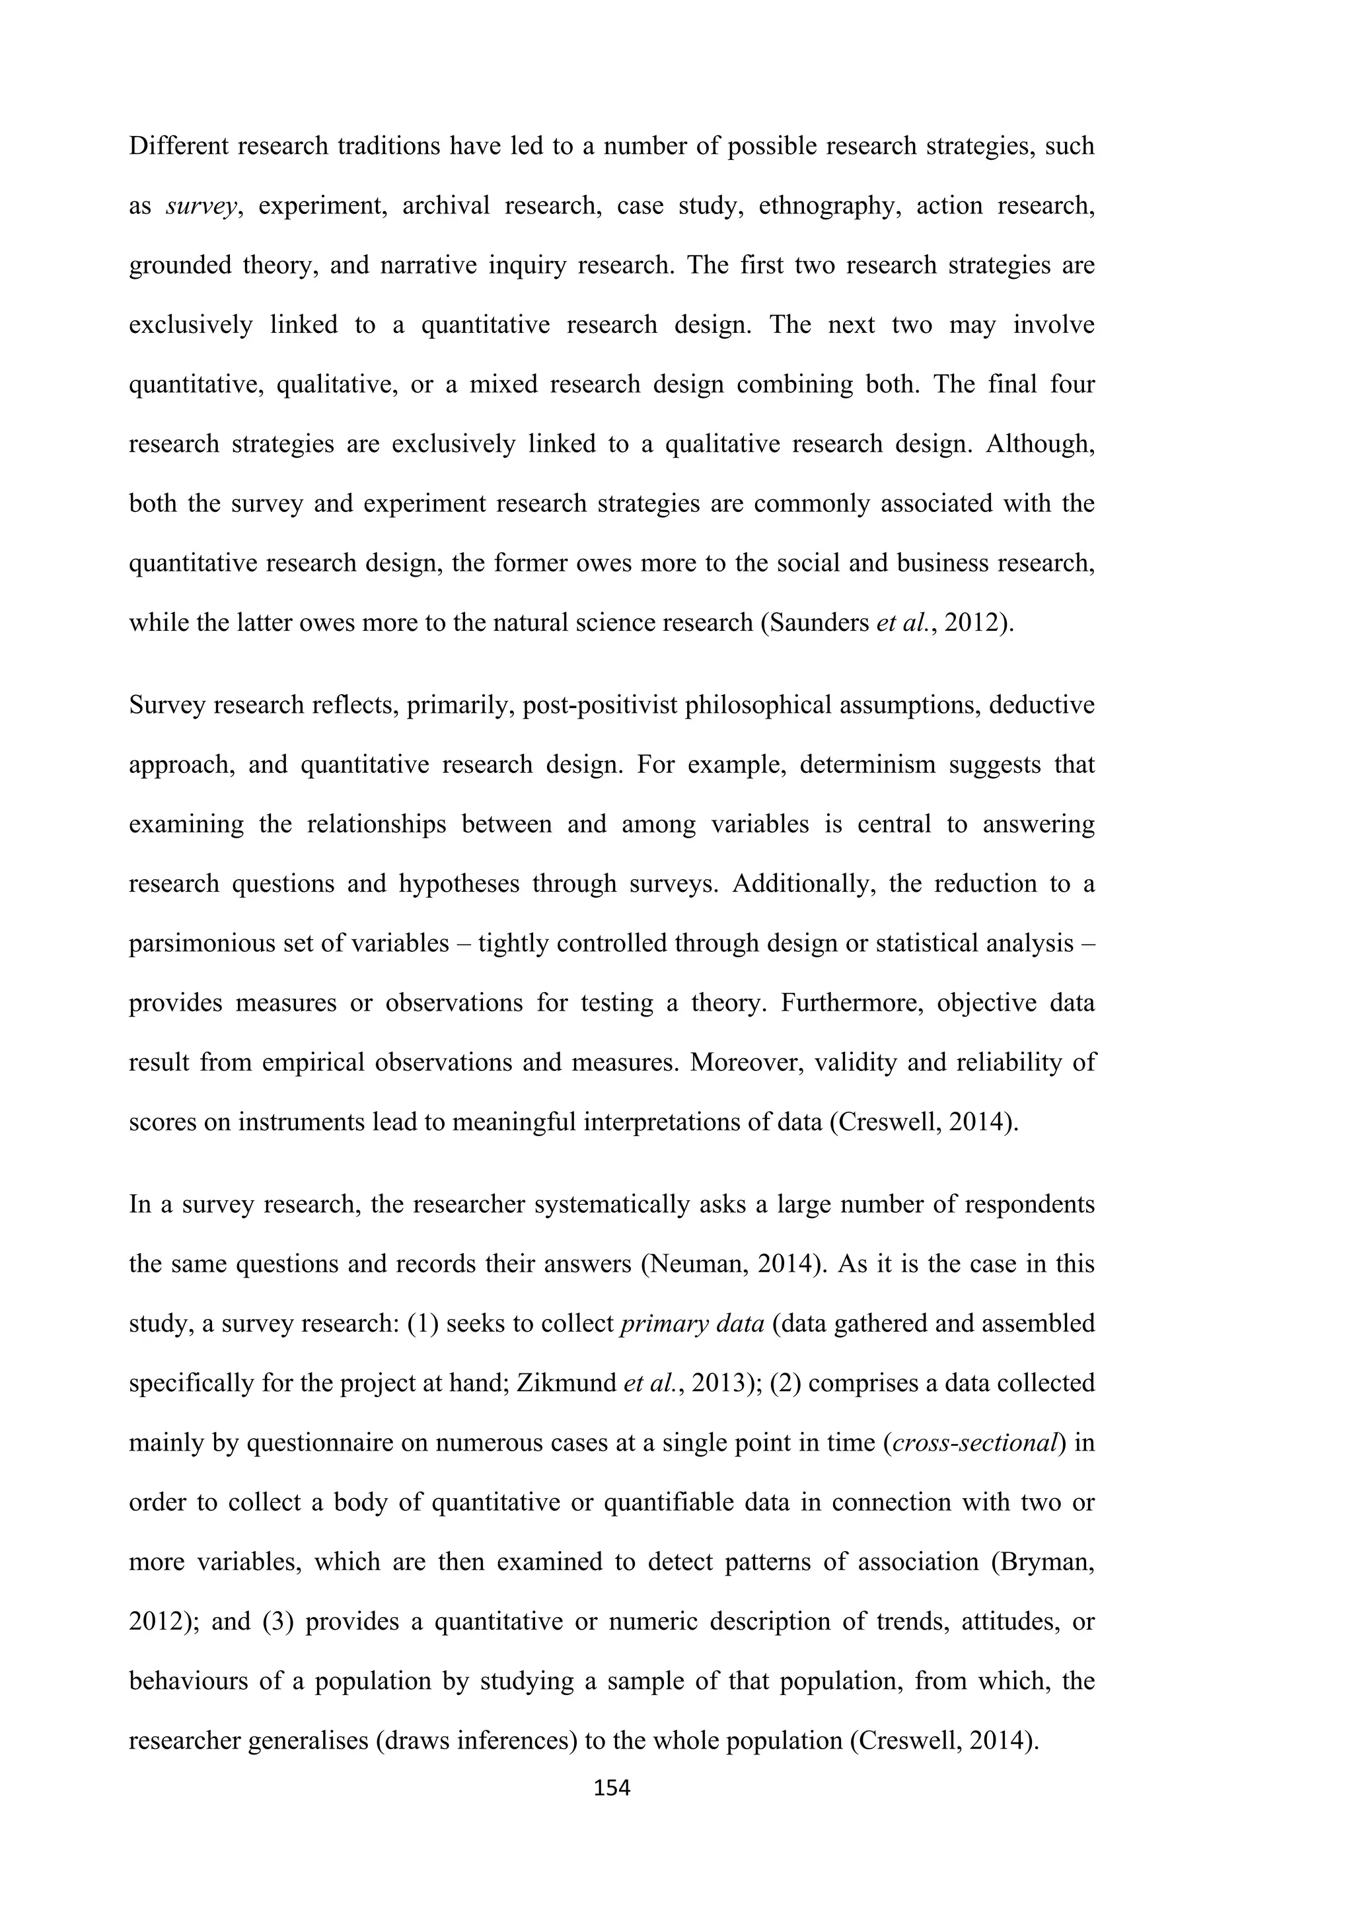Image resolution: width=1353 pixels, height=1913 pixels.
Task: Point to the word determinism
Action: click(x=868, y=764)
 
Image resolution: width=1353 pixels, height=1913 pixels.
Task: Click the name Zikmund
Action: click(x=567, y=1383)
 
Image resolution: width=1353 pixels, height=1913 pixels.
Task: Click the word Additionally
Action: click(x=803, y=883)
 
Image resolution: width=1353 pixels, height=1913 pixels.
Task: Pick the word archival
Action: click(x=446, y=206)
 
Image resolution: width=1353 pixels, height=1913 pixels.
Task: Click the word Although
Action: click(x=1039, y=444)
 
